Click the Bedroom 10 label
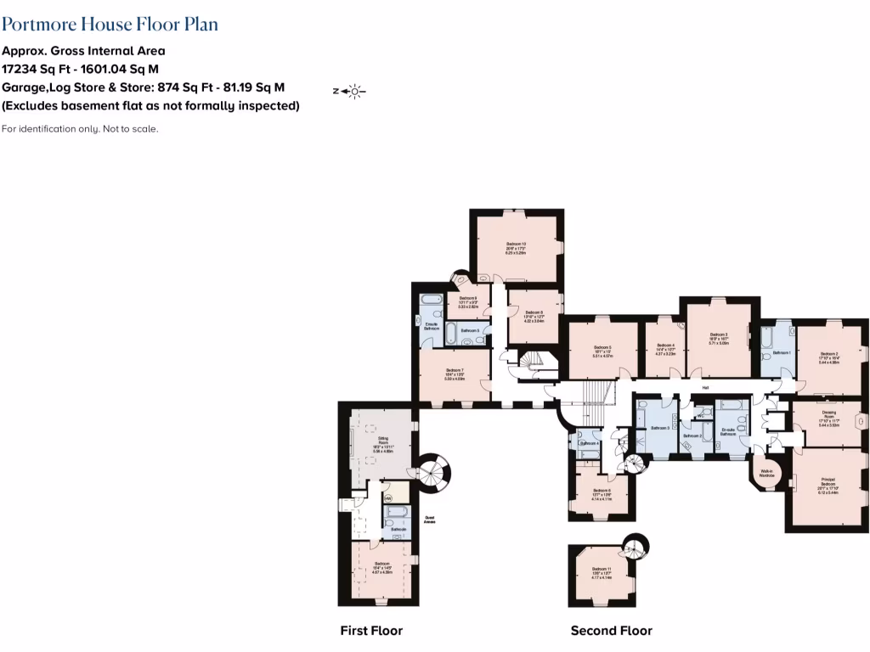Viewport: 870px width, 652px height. tap(517, 248)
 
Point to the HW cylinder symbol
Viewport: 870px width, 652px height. tap(387, 498)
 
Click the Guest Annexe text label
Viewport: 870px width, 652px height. tap(430, 521)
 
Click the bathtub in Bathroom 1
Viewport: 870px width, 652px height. tap(767, 340)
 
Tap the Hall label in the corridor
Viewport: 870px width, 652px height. tap(705, 389)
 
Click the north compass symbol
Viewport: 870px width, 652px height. tap(349, 91)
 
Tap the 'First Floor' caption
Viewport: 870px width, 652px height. tap(371, 631)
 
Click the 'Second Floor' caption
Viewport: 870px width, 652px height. tap(611, 631)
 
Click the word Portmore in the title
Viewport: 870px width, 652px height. tap(38, 24)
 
